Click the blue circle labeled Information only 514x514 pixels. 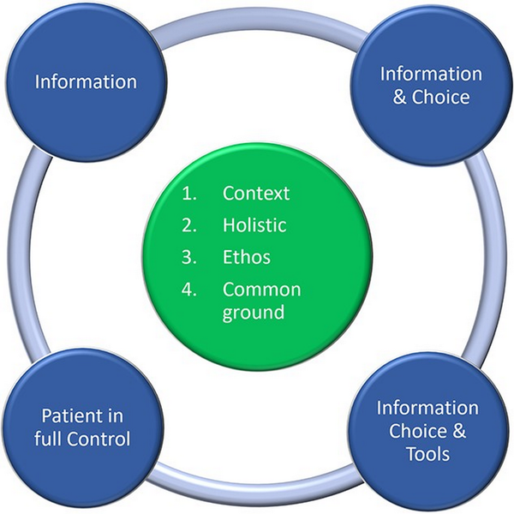[86, 83]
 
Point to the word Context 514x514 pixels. [256, 194]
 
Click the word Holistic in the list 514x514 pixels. [254, 225]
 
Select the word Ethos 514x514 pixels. [246, 258]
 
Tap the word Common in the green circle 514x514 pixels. [261, 290]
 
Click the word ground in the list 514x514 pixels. [254, 312]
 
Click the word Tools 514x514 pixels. [428, 453]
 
